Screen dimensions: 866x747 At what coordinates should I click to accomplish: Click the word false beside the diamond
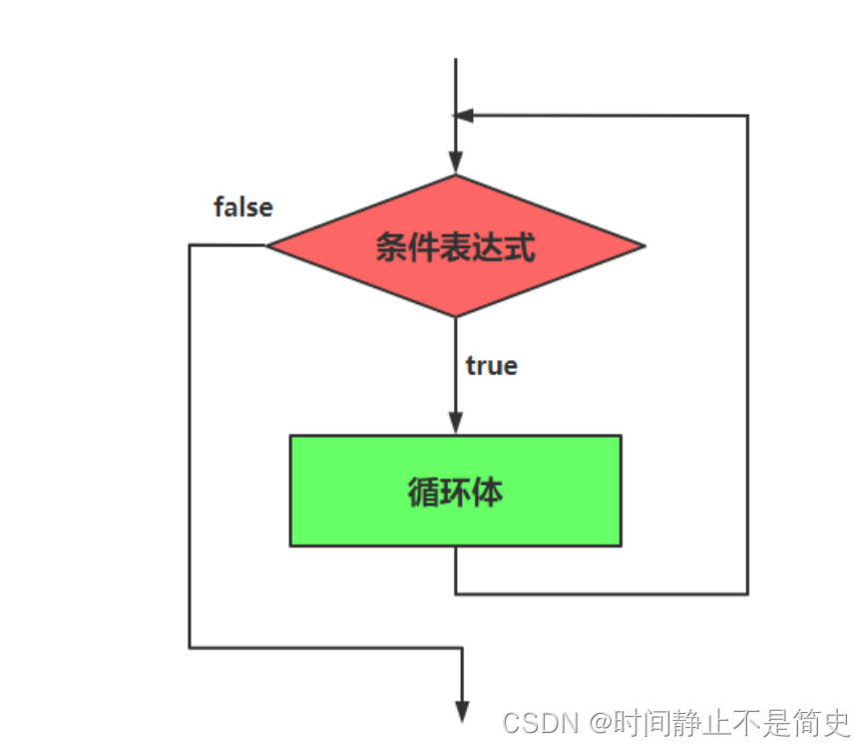(243, 207)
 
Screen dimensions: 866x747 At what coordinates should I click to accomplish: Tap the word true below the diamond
(491, 366)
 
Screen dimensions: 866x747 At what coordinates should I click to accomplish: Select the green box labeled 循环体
(455, 491)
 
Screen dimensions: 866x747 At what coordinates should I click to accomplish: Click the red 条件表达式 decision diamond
(455, 245)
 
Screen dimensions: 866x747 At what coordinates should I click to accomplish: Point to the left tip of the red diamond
(268, 245)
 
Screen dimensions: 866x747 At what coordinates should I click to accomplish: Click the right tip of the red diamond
(644, 245)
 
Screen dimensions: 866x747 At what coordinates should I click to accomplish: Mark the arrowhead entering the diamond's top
(456, 163)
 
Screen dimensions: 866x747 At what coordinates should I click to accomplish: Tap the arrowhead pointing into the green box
(456, 424)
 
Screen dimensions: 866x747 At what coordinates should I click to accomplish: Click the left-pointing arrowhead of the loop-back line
(463, 116)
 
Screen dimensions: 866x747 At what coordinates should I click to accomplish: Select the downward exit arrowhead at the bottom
(463, 709)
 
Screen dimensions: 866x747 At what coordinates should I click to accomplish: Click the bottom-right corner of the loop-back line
(747, 594)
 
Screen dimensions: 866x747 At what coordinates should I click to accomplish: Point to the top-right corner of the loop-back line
(747, 116)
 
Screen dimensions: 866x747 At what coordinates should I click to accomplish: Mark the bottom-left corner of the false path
(190, 648)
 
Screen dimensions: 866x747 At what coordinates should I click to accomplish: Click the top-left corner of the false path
(190, 245)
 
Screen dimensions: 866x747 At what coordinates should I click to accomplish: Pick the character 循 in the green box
(423, 492)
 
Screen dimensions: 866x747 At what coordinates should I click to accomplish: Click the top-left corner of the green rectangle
(291, 436)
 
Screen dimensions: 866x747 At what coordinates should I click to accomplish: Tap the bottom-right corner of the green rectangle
(621, 546)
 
